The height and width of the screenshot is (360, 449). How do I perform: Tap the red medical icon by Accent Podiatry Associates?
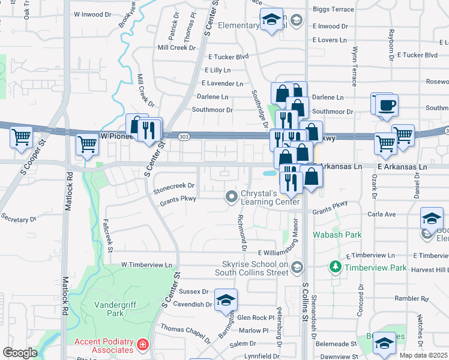click(142, 345)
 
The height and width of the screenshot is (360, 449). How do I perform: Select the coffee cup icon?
click(384, 104)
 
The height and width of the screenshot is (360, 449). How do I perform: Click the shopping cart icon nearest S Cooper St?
click(22, 137)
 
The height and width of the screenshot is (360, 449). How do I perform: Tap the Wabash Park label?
click(337, 235)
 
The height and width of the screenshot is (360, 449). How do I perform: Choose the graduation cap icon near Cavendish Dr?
click(226, 301)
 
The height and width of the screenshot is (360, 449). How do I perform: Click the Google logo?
click(20, 352)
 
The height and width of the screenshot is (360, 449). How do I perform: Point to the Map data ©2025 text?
click(423, 355)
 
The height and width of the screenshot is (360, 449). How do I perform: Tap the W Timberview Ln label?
click(146, 265)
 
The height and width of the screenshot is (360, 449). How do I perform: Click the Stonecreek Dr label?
click(174, 186)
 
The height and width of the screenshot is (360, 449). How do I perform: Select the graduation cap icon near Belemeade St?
click(384, 344)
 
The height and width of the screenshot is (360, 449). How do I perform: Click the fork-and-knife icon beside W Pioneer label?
click(148, 129)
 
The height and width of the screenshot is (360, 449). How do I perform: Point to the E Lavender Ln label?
click(223, 83)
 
